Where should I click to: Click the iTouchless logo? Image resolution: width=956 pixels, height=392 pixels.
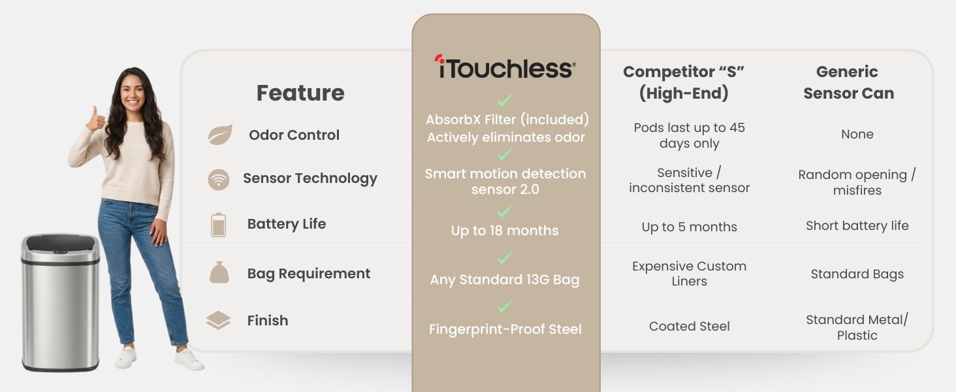505,67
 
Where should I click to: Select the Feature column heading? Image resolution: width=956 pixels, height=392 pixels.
300,93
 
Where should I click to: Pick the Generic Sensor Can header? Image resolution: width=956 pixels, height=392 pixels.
848,82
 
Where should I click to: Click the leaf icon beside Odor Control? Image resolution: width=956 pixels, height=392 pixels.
219,135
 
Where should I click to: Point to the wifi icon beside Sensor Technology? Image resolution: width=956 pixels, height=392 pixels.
219,179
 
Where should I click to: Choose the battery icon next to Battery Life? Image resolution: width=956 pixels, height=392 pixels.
218,224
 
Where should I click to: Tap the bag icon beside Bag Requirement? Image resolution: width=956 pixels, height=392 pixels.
219,272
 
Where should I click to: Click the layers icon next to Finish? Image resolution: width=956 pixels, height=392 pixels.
218,321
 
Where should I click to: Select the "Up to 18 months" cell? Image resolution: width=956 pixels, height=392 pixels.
505,231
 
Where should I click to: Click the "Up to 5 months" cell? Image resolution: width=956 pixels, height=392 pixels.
689,227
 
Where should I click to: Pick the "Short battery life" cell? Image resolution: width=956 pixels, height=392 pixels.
857,226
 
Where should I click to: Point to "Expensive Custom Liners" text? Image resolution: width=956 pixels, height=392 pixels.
689,274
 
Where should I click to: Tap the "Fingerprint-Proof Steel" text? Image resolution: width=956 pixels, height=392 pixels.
505,330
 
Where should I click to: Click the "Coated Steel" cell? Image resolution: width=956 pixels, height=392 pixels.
689,327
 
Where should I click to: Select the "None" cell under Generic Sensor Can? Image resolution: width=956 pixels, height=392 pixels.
857,135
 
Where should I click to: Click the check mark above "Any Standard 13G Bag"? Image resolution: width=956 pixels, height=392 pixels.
505,258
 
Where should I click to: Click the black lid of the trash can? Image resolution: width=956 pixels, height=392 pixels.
60,243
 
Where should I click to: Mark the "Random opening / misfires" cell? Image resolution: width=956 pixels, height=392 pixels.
857,182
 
